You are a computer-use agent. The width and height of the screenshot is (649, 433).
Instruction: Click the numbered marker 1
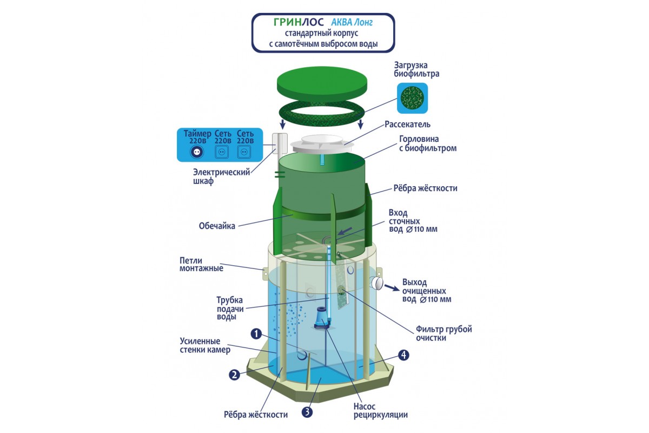(x=256, y=333)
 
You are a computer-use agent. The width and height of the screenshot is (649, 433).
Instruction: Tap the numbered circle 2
(x=234, y=374)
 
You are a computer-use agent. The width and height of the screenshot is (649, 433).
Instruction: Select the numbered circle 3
(x=307, y=412)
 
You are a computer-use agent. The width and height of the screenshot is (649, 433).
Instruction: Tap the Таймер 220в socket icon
(x=195, y=152)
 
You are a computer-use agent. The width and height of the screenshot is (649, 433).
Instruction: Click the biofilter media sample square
(x=412, y=98)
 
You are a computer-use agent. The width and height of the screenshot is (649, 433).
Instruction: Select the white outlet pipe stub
(x=376, y=283)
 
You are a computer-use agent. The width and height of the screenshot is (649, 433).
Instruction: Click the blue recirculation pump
(x=322, y=318)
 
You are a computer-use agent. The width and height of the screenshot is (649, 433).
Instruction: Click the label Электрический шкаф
(x=222, y=177)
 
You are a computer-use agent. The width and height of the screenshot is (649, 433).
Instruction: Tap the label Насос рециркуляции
(x=381, y=411)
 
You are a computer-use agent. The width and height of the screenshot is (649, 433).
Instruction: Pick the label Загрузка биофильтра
(x=416, y=69)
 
